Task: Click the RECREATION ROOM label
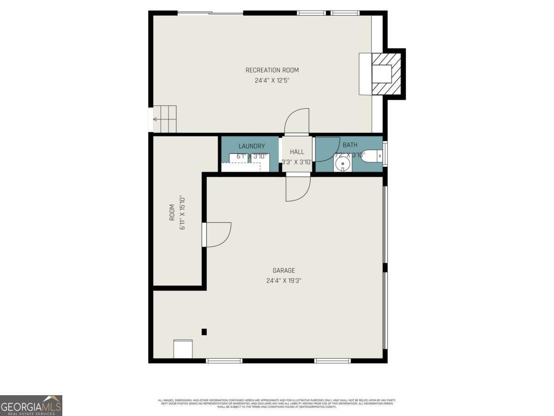(x=272, y=70)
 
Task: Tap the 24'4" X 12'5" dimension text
(x=272, y=80)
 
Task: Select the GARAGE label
(x=283, y=271)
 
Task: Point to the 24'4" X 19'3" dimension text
(x=283, y=281)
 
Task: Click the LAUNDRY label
(x=252, y=146)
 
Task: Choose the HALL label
(x=297, y=152)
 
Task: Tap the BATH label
(x=350, y=145)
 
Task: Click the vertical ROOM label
(x=172, y=212)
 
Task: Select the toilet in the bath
(x=373, y=157)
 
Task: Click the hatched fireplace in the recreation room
(x=386, y=73)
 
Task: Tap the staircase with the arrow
(x=165, y=119)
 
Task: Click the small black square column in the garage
(x=204, y=331)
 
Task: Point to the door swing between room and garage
(x=218, y=235)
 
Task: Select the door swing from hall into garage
(x=298, y=189)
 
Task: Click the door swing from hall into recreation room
(x=297, y=122)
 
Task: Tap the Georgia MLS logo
(x=31, y=405)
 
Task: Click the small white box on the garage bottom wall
(x=183, y=349)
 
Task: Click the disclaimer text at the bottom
(x=277, y=404)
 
